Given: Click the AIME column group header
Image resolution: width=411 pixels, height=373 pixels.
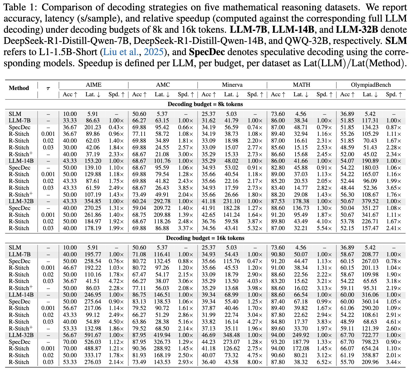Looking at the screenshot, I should (x=94, y=85).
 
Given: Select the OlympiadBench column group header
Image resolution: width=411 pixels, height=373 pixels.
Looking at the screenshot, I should (x=371, y=85).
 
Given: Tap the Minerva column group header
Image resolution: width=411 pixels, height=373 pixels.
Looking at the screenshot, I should (x=232, y=85).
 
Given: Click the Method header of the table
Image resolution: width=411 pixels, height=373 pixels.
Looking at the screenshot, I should (x=19, y=88).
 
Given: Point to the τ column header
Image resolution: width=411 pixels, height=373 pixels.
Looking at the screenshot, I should (x=48, y=88).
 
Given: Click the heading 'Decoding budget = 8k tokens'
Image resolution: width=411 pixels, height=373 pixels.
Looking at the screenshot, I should (x=205, y=104).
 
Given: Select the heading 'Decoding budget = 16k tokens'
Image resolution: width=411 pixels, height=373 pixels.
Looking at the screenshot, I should (x=205, y=238).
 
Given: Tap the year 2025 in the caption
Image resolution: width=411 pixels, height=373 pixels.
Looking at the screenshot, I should (x=154, y=52).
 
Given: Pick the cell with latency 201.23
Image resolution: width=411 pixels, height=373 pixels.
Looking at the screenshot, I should (x=93, y=127).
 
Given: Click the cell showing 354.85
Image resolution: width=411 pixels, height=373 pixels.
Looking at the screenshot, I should (x=93, y=201).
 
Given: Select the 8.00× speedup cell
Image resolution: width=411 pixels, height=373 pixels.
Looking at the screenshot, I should (x=255, y=362).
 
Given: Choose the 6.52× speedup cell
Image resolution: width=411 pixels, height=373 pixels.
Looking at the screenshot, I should (x=324, y=362).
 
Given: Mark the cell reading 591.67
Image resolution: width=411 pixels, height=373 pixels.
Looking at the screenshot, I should (x=93, y=335).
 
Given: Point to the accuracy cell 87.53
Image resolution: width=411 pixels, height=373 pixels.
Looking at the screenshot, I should (x=278, y=201).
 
